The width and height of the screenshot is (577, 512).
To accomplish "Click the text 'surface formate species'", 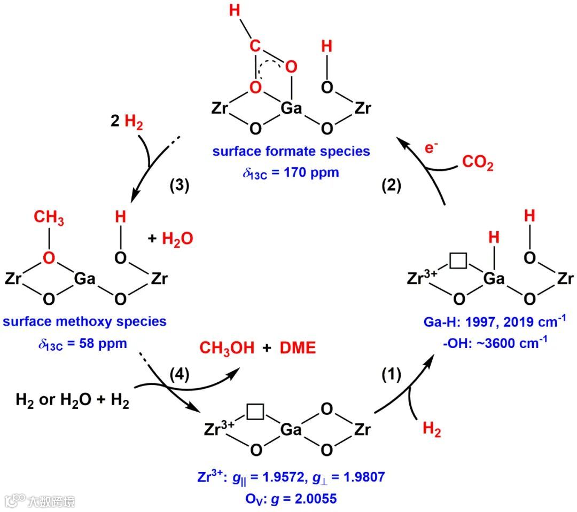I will click(291, 151).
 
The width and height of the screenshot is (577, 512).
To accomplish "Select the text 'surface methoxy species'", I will click(85, 321).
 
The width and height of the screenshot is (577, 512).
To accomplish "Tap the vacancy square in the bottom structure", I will click(255, 412).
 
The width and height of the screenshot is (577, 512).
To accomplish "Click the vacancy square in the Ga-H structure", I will click(458, 261).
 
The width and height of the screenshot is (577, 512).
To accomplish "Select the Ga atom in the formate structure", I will click(292, 109).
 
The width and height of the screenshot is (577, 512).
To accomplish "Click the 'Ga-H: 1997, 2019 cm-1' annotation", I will click(490, 322).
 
